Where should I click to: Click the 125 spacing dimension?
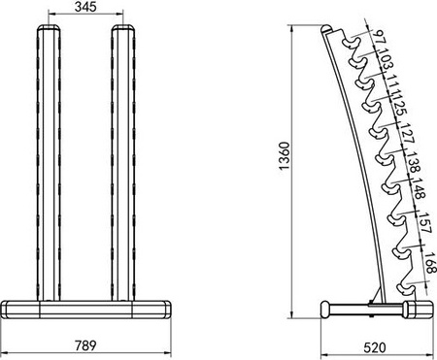click(399, 106)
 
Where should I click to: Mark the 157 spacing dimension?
click(424, 228)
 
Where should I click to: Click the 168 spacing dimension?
click(428, 262)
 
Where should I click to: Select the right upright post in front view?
click(123, 165)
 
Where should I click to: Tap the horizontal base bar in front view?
click(86, 310)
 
